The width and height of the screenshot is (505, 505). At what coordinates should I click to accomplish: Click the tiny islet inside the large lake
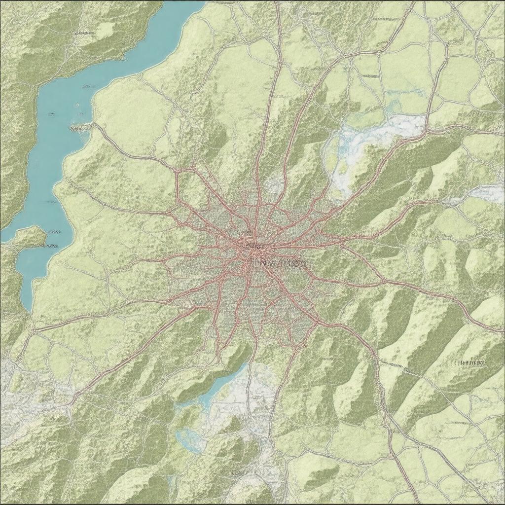77,105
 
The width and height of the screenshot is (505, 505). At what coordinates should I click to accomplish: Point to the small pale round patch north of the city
274,185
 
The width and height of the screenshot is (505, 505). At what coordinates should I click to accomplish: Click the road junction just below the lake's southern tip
34,328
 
